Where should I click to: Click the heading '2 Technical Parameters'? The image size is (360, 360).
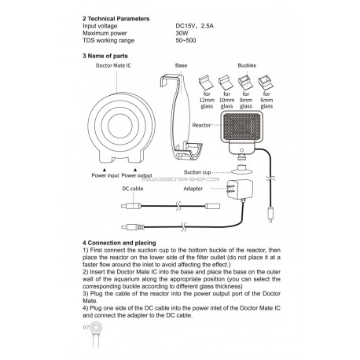click(116, 19)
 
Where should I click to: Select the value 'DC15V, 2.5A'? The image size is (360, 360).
click(195, 26)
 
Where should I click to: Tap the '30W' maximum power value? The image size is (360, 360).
click(182, 33)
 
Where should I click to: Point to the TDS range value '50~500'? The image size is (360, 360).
click(186, 40)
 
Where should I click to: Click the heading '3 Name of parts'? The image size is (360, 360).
click(105, 56)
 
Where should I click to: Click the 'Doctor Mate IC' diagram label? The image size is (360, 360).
click(113, 65)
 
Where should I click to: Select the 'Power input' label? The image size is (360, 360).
click(105, 175)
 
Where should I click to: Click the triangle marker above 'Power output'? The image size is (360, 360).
click(135, 170)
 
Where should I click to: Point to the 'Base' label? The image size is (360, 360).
click(181, 65)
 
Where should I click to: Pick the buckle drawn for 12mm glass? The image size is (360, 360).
click(207, 83)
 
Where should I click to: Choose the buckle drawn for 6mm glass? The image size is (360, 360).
click(266, 83)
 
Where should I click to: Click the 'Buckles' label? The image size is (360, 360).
click(247, 65)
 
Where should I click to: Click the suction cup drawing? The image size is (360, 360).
click(241, 170)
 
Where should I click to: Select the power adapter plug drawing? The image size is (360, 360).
click(240, 189)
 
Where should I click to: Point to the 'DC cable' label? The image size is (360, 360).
click(133, 189)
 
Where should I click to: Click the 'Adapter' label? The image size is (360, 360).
click(193, 189)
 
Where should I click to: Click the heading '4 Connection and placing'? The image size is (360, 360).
click(119, 243)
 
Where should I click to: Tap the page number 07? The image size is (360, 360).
click(86, 327)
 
